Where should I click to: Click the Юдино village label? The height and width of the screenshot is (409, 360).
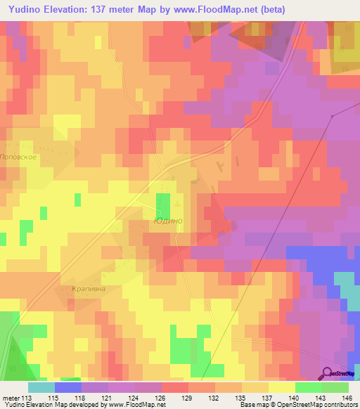point(167,221)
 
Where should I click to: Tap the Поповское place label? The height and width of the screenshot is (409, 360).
point(18,157)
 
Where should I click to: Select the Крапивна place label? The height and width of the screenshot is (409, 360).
point(88,288)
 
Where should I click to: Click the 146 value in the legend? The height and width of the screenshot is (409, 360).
point(347,397)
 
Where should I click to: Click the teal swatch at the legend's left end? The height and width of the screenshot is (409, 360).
point(41,387)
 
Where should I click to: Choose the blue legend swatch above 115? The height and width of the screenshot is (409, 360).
point(67,387)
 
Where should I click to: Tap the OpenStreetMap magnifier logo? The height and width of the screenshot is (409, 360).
point(327,373)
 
